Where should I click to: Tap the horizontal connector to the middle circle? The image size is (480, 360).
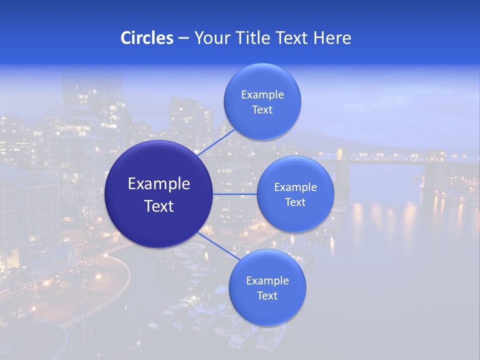coord(235,194)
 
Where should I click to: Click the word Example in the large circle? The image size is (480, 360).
coord(159,184)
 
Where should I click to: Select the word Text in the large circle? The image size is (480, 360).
coord(159,206)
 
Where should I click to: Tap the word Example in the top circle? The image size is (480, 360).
coord(262,95)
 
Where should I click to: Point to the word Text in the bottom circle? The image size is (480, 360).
coord(267,295)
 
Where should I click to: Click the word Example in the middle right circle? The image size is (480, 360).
coord(295,187)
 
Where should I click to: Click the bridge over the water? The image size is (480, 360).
coord(390,157)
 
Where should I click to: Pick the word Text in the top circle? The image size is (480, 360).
coord(262,110)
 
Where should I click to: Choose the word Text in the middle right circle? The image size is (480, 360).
coord(295,202)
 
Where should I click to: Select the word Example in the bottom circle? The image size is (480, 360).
coord(267,280)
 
